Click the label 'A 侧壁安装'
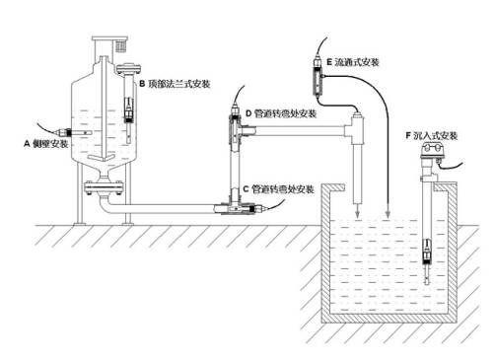46,144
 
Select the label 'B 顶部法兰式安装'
175,84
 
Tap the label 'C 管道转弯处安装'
279,189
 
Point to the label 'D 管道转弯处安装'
281,113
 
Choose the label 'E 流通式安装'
353,62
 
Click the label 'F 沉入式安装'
432,135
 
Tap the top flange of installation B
128,69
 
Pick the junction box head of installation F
431,151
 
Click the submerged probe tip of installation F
427,278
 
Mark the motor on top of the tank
120,45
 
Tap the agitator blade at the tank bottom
104,157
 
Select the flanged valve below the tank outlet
104,187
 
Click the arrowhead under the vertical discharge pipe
357,215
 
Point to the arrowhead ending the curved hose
388,215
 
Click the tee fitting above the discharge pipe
355,129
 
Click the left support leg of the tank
80,194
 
